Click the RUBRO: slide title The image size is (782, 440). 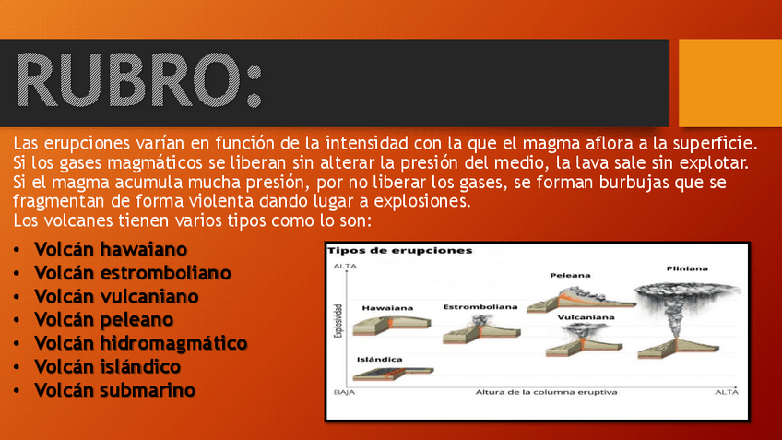click(139, 80)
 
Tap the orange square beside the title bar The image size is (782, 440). click(730, 83)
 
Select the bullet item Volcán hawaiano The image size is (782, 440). click(111, 249)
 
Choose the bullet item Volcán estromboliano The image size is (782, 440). click(133, 273)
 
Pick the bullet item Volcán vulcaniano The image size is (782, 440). click(116, 296)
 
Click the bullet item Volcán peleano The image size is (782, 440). click(103, 320)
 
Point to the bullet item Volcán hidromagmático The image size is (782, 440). click(141, 343)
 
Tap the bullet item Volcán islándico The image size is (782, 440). click(107, 367)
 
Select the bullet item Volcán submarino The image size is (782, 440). click(114, 390)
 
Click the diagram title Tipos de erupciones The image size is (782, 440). click(400, 250)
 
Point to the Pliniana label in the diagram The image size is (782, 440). click(687, 268)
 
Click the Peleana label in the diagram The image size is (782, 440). click(570, 275)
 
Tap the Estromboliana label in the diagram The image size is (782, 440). click(480, 307)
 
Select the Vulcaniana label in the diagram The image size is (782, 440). click(586, 317)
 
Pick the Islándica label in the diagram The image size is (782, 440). click(380, 359)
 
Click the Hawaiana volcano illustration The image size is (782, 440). click(392, 326)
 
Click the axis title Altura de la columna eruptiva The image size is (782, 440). click(546, 392)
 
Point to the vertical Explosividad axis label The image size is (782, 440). click(338, 321)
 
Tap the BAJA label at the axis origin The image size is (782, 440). click(344, 392)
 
